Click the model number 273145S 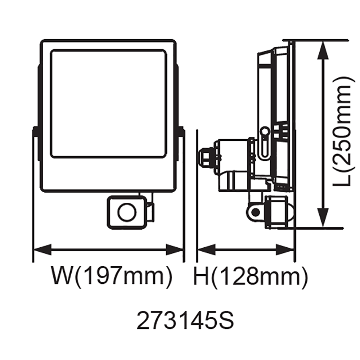pos(185,320)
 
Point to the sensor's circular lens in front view pos(127,212)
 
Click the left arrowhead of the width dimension pos(42,249)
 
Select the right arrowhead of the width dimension pos(175,249)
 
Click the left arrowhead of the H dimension pos(207,249)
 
